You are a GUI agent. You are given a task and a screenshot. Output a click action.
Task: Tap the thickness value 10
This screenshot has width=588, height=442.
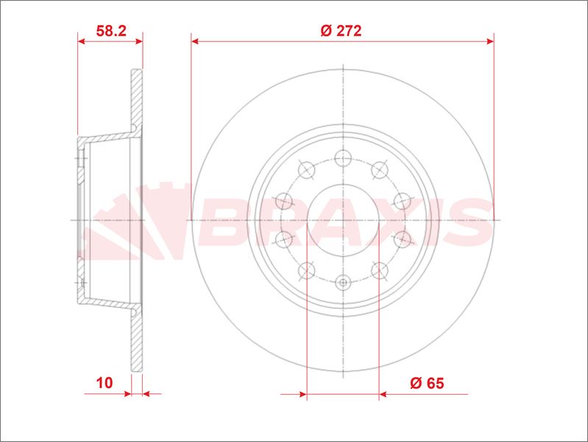pos(104,382)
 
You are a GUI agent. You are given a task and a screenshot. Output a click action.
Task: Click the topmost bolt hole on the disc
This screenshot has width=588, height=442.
pos(343,157)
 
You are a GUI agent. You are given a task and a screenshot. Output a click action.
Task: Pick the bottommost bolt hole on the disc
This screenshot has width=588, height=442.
pos(343,282)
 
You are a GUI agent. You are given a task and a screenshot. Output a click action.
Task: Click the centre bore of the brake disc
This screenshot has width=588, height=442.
pos(343,220)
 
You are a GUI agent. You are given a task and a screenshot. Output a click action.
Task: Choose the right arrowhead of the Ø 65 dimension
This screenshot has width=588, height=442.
pos(383,395)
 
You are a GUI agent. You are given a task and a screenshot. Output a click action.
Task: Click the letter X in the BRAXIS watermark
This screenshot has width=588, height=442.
pos(362,222)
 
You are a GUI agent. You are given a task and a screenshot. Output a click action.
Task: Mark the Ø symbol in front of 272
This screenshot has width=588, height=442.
pos(326,31)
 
